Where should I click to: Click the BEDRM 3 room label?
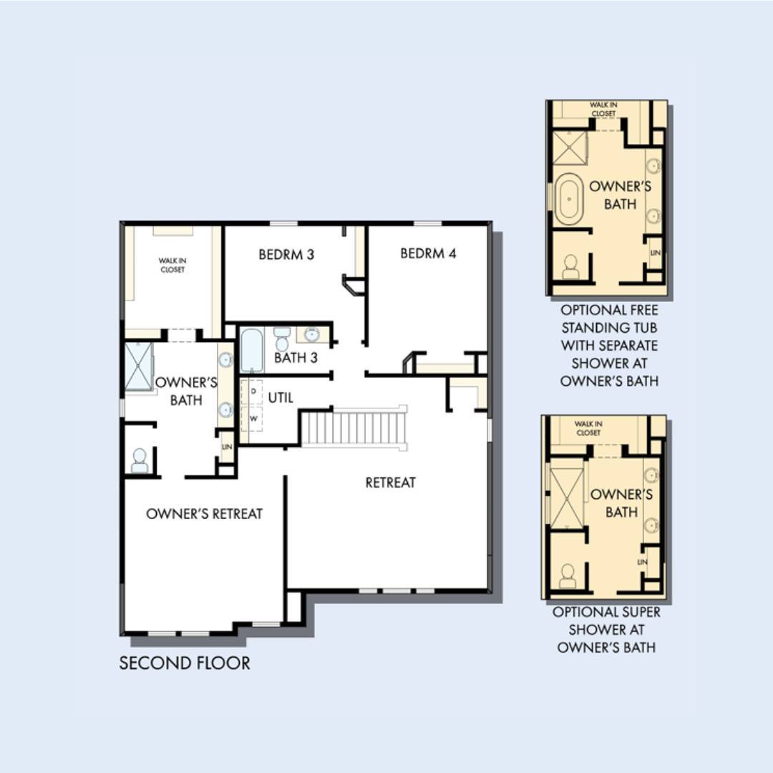click(286, 254)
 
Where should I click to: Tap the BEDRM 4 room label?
click(428, 253)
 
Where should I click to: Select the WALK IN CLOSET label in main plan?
click(172, 266)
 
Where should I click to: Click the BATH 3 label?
click(296, 357)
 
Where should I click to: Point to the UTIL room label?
click(281, 397)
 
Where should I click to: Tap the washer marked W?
click(253, 419)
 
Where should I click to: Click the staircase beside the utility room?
click(354, 428)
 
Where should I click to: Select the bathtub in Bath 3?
click(252, 350)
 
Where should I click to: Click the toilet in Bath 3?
click(282, 338)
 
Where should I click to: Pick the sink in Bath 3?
click(311, 335)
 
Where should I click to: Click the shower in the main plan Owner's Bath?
click(139, 366)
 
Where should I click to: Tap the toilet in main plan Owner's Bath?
click(140, 461)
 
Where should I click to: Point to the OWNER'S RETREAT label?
click(204, 514)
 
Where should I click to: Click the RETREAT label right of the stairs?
click(391, 482)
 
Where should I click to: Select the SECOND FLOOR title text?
click(185, 663)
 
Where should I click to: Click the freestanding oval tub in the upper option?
click(569, 199)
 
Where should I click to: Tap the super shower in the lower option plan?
click(567, 498)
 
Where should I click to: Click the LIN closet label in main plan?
click(227, 447)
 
